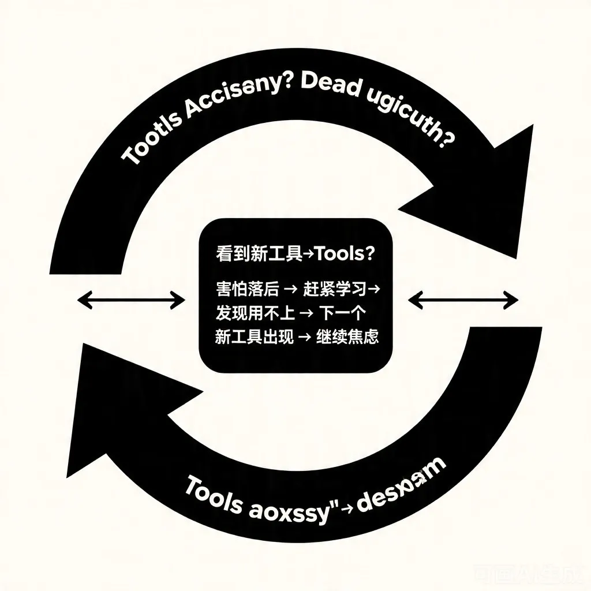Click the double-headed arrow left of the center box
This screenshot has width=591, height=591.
click(x=131, y=299)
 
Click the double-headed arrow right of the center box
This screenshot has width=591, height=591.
click(x=463, y=299)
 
